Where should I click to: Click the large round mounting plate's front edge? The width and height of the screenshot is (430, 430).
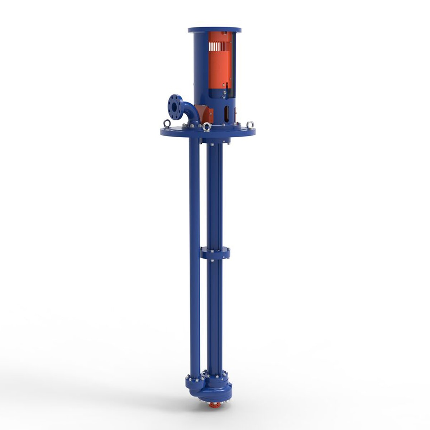pos(208,135)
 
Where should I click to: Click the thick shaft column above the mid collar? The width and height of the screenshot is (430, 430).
pos(215,197)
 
